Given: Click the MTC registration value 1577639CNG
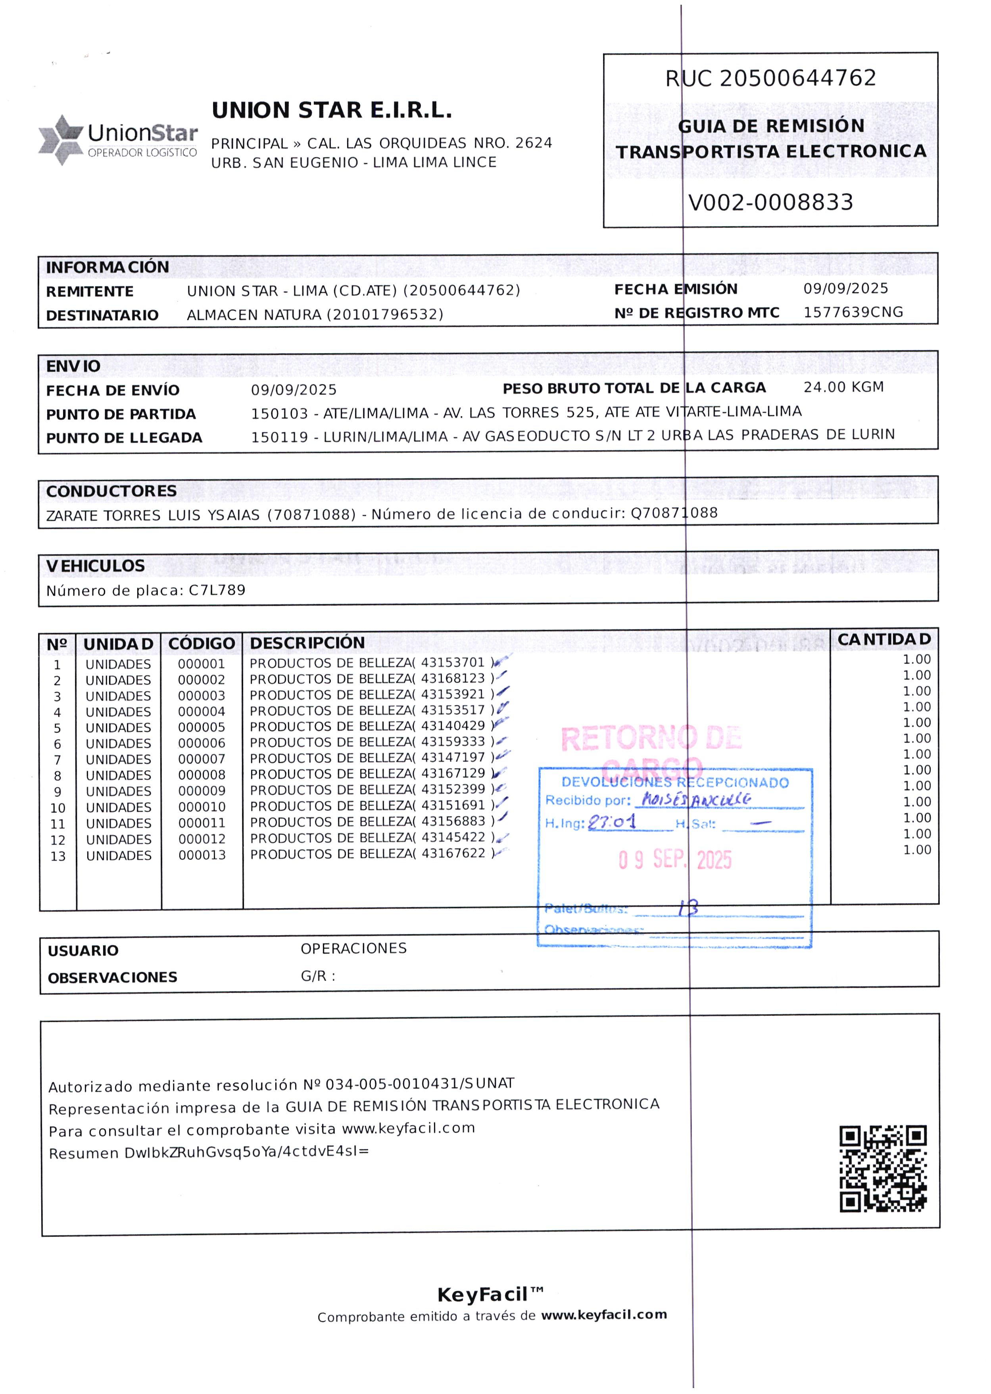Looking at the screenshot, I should pyautogui.click(x=853, y=313).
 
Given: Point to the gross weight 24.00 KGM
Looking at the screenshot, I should pyautogui.click(x=843, y=387).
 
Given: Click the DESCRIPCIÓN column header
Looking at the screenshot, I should pyautogui.click(x=307, y=643).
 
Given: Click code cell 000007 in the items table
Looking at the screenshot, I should pyautogui.click(x=202, y=759).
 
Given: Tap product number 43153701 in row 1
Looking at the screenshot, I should pyautogui.click(x=452, y=662).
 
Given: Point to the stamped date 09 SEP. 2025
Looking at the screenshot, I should pyautogui.click(x=674, y=859).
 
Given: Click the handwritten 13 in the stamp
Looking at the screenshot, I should pyautogui.click(x=688, y=908).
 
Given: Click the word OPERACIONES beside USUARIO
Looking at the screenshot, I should pyautogui.click(x=353, y=948).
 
